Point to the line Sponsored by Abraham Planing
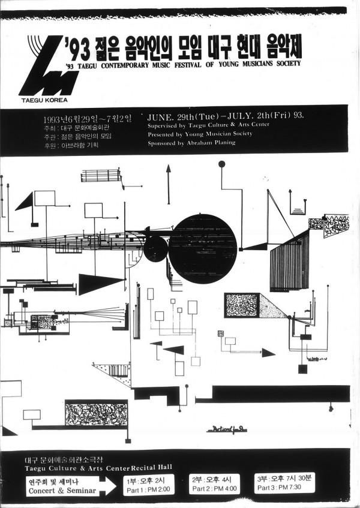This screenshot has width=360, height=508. [x=191, y=143]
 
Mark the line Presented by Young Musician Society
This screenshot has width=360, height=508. [x=200, y=134]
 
